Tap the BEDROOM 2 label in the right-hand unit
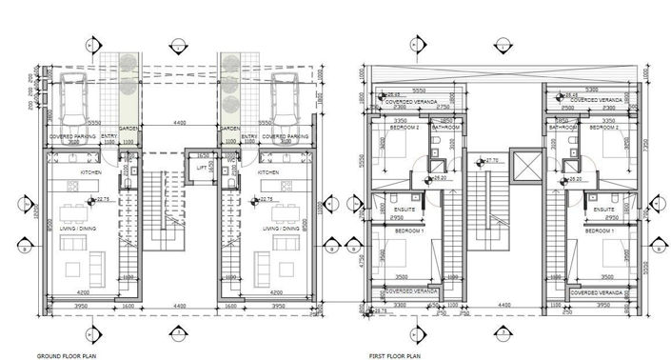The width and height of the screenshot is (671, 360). click(603, 127)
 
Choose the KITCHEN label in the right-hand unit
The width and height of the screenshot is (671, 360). click(268, 173)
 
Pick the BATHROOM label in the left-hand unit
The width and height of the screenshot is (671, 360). click(445, 127)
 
